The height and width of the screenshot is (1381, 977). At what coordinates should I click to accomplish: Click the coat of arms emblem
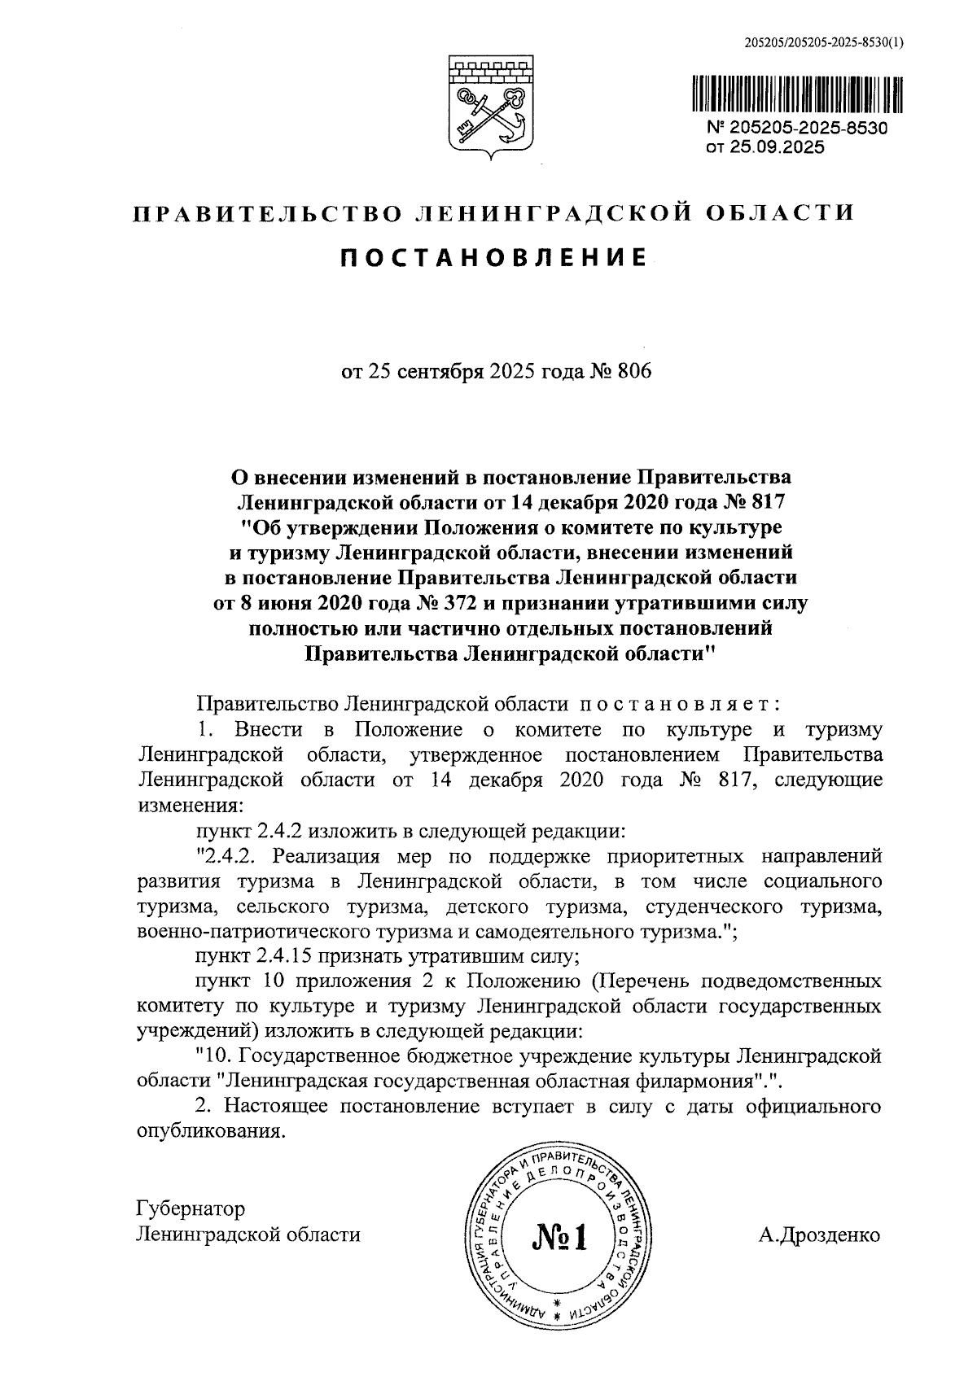tap(488, 106)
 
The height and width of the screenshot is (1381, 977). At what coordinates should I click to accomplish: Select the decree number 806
tap(636, 372)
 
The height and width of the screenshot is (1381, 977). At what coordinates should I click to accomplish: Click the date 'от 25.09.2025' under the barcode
tap(765, 147)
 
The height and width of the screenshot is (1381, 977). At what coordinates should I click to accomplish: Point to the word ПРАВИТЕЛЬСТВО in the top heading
tap(269, 213)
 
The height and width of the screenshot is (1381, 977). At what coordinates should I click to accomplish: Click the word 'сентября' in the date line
tap(439, 372)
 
